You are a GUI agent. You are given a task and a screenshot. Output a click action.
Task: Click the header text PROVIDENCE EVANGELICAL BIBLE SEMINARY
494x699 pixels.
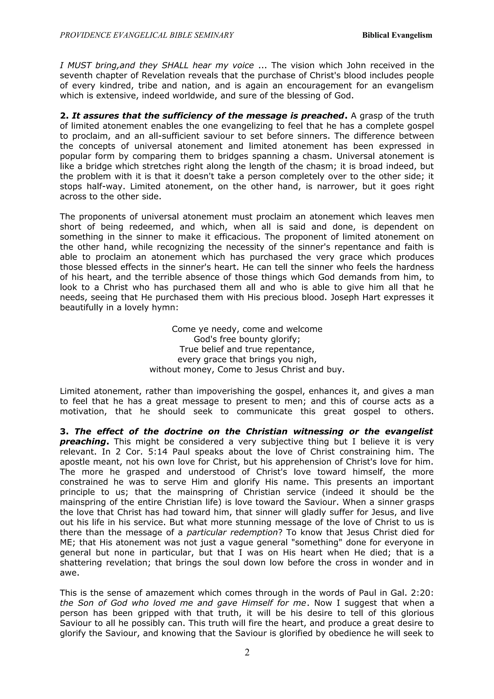coord(147,35)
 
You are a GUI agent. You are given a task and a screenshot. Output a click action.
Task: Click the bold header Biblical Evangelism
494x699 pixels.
coord(397,35)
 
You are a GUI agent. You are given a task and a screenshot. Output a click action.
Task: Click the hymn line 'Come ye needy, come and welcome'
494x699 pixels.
coord(247,329)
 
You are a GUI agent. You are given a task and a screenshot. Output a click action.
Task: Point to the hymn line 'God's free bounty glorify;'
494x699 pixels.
coord(247,339)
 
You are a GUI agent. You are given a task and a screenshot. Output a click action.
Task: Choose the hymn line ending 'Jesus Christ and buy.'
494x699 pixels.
coord(247,369)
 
